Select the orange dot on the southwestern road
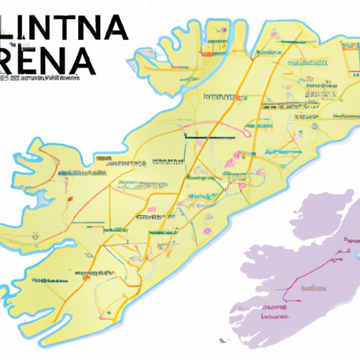click(x=85, y=277)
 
